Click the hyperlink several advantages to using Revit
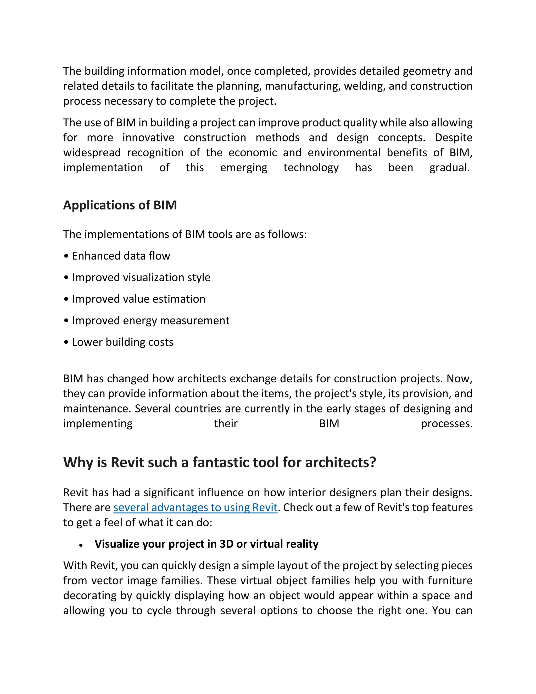(x=195, y=508)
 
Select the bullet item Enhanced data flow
(x=121, y=256)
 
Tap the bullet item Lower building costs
(x=122, y=342)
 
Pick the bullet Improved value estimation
(x=138, y=299)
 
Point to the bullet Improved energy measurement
(x=150, y=321)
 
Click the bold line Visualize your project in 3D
(x=206, y=544)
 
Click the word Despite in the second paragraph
(x=454, y=137)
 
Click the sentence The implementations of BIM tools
(x=185, y=234)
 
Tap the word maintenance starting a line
(x=97, y=409)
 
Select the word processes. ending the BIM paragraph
(x=446, y=423)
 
